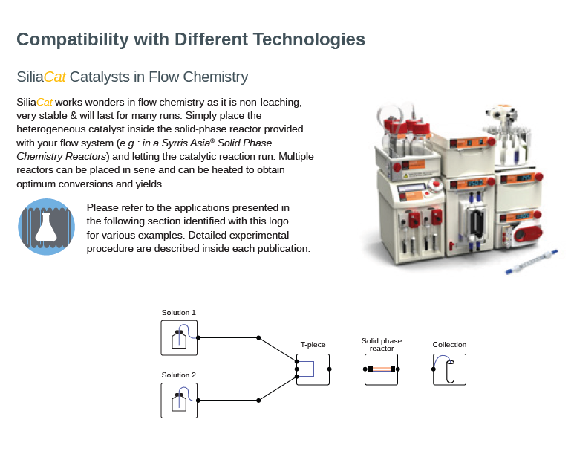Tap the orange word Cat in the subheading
54,77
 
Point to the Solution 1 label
179,313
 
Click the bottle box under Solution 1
179,337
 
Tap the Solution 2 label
179,375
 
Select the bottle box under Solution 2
179,400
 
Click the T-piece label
313,344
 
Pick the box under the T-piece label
313,369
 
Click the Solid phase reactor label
382,344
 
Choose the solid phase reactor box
382,369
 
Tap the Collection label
449,344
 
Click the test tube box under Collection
449,369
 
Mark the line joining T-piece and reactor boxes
347,369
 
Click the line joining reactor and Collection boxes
416,369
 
